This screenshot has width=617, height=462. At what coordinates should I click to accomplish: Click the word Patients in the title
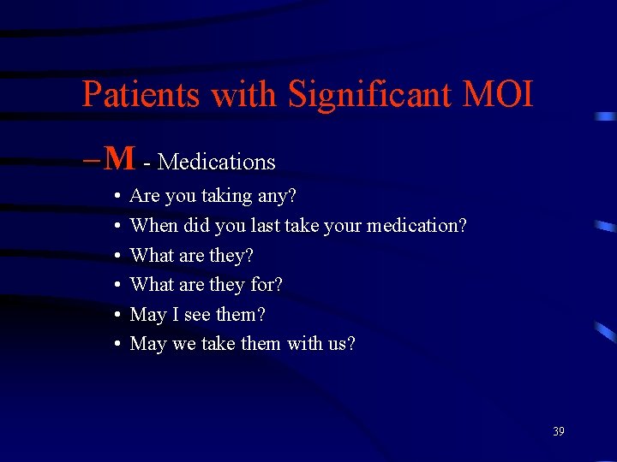point(141,94)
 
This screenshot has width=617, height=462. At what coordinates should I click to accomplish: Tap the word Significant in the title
point(369,94)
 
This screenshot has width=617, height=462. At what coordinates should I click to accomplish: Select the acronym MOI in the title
point(498,94)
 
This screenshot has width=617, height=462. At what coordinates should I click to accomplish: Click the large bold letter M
point(121,158)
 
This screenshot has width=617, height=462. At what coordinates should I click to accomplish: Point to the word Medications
point(217,162)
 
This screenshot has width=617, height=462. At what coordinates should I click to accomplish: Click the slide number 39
point(559,431)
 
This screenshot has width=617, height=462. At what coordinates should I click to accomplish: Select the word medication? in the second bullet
point(416,226)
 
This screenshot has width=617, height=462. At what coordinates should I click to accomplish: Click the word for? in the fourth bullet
point(266,285)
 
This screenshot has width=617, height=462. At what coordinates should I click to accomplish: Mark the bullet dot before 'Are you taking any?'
point(116,197)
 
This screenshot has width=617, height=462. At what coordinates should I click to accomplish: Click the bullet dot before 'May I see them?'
point(116,316)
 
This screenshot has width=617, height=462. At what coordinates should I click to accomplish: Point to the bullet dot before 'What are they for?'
point(116,286)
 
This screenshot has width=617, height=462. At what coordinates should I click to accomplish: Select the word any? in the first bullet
point(278,197)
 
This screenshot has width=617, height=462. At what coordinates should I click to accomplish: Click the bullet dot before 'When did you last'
point(116,227)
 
